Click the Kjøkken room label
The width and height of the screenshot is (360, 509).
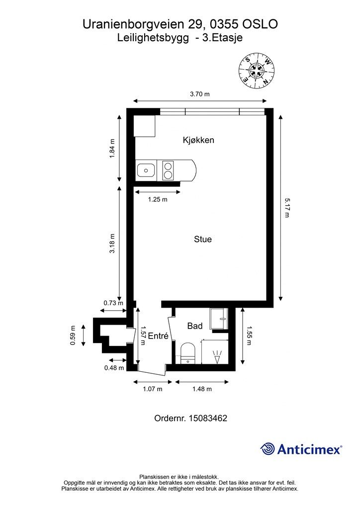coord(198,140)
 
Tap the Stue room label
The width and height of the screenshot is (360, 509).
coord(202,239)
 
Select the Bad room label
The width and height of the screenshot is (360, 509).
coord(195,326)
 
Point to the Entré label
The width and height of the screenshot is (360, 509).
coord(158,336)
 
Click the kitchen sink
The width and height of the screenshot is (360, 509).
coord(146,170)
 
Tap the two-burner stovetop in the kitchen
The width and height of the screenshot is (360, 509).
coord(168,170)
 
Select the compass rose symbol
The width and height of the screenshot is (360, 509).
coord(257,71)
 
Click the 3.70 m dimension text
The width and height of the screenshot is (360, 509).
coord(199,94)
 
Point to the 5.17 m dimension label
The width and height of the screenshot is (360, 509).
coord(286,208)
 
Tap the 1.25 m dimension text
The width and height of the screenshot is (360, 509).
coord(158,199)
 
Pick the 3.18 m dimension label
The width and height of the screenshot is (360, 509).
coord(112,244)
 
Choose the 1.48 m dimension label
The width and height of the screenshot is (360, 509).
coord(202,389)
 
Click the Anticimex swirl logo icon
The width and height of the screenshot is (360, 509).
coord(268,449)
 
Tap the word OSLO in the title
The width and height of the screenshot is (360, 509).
coord(261,24)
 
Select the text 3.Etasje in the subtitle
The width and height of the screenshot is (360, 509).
coord(222,38)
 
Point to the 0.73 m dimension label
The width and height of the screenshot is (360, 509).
coord(113,303)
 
